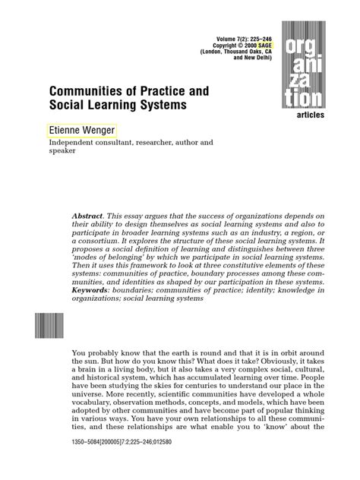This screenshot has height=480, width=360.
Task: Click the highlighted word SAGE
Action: (x=271, y=44)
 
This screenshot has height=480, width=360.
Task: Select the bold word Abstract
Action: (x=92, y=216)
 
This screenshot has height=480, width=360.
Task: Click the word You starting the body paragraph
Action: (x=79, y=352)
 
